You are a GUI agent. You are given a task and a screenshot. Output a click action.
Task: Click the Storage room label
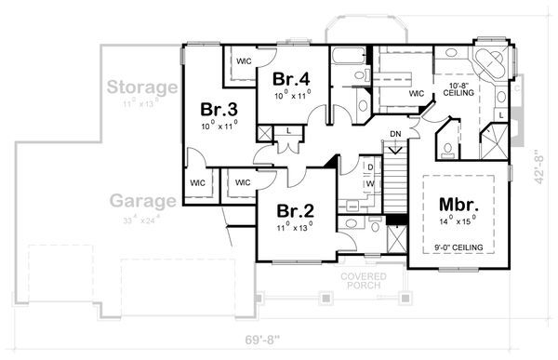[x=141, y=87]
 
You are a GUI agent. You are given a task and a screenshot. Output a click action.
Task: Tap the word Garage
[x=144, y=201]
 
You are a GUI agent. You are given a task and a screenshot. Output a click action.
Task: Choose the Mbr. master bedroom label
[x=458, y=205]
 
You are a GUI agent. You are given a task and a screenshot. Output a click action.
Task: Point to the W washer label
[x=369, y=183]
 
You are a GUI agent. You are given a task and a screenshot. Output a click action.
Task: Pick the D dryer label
[x=369, y=167]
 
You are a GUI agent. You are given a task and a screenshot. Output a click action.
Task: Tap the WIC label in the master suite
[x=416, y=93]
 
